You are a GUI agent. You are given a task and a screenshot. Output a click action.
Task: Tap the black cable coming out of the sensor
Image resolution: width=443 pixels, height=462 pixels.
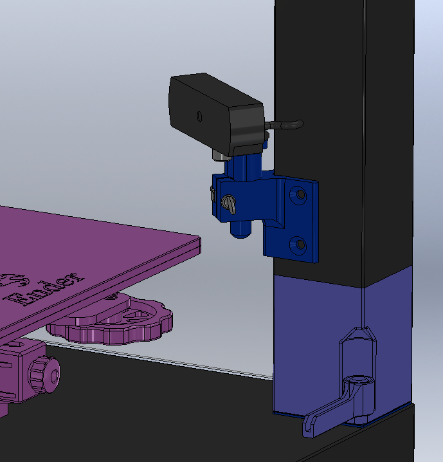[286, 124]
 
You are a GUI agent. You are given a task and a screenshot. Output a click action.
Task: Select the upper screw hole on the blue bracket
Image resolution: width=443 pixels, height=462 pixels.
[300, 193]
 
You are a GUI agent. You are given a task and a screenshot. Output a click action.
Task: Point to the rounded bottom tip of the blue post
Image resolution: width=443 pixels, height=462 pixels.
[240, 232]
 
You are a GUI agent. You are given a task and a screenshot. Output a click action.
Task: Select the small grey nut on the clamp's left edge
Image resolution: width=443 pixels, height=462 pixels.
[212, 193]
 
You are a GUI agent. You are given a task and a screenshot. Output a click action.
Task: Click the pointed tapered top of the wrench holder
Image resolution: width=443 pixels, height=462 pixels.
[357, 334]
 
